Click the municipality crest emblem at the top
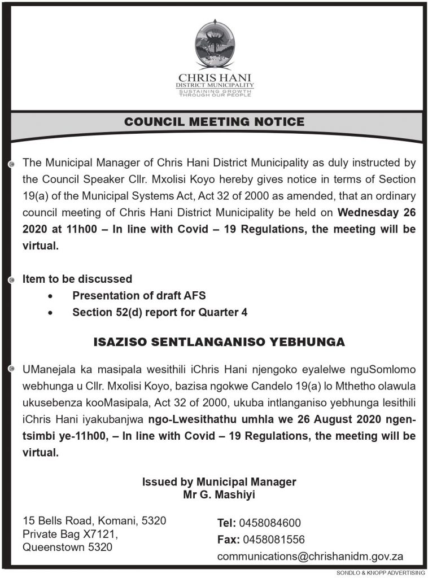[x=215, y=45]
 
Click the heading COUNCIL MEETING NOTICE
[x=214, y=122]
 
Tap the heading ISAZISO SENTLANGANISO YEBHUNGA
[x=219, y=342]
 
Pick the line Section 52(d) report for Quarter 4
[x=160, y=312]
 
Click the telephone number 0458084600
[x=270, y=523]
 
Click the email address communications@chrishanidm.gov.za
[x=310, y=557]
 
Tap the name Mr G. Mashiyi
[x=219, y=495]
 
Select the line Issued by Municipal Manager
[x=219, y=482]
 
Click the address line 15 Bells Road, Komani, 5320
[x=94, y=520]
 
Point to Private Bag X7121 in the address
[x=69, y=533]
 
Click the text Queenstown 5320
[x=67, y=547]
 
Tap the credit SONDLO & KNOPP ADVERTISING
[x=380, y=573]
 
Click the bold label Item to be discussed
[x=77, y=279]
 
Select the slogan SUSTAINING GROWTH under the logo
[x=215, y=91]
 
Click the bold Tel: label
[x=227, y=523]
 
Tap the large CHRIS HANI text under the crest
[x=215, y=77]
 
